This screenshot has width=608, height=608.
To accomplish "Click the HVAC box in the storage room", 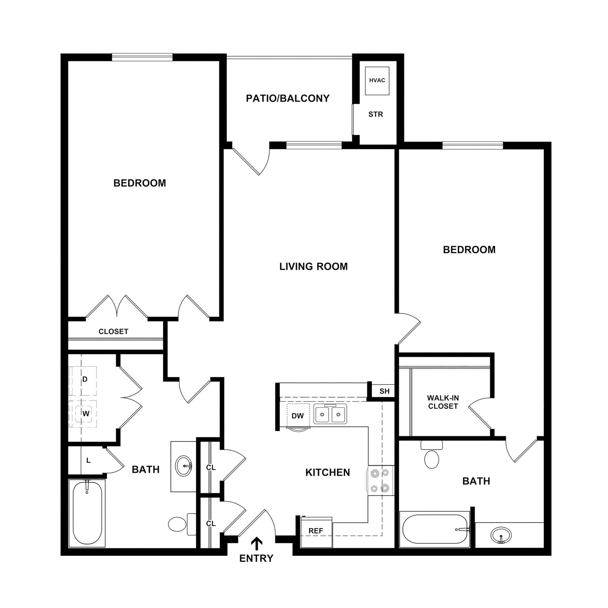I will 377,80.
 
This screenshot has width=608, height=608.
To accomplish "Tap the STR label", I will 376,114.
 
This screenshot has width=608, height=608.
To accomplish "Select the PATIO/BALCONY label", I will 287,99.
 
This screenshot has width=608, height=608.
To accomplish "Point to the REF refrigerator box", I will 316,531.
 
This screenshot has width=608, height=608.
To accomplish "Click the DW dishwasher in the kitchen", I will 298,416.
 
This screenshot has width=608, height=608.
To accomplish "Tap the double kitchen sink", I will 330,414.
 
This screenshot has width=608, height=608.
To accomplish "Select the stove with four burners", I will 380,481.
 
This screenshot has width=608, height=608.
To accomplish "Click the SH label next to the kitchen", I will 384,391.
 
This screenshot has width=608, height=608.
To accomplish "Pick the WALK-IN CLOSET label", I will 443,402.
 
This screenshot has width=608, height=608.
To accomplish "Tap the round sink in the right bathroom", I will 501,535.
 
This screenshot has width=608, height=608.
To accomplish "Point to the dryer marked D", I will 83,380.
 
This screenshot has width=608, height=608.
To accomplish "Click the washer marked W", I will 85,414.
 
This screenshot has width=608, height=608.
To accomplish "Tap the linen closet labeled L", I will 88,460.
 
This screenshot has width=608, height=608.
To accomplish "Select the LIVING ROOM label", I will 313,267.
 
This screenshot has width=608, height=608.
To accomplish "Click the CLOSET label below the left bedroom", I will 113,331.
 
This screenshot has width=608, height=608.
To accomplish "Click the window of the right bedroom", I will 473,145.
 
